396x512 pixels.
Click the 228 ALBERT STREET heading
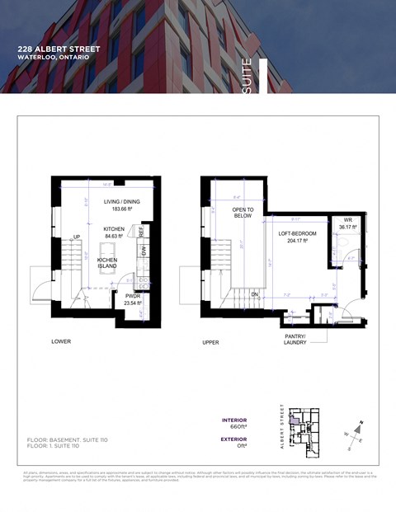59,49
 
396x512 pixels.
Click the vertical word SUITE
247,76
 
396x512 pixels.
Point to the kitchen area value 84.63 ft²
113,236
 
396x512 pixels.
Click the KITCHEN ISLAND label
107,263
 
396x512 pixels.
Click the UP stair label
77,237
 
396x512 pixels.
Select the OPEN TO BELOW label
242,213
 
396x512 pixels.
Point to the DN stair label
255,294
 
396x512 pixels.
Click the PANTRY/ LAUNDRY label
296,339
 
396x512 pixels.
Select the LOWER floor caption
61,341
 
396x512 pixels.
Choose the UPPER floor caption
210,341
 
